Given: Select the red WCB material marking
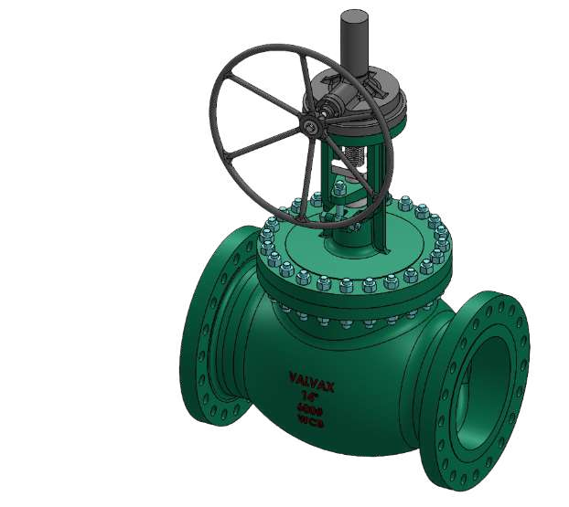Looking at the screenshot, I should click(x=311, y=423).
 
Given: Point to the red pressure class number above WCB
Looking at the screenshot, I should click(x=311, y=411).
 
